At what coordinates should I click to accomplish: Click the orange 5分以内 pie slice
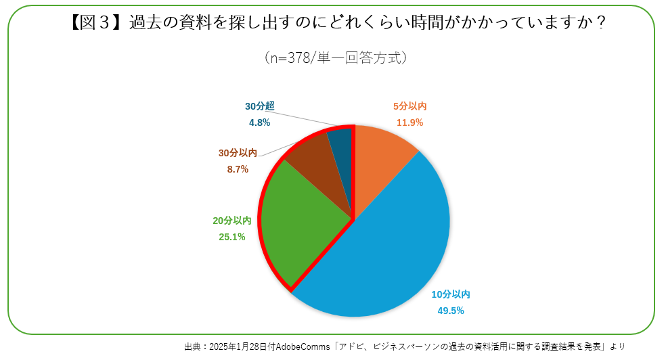pos(382,159)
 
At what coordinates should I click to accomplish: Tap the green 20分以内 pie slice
pos(298,217)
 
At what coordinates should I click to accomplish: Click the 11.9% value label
pos(409,122)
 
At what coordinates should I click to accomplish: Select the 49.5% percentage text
pos(451,311)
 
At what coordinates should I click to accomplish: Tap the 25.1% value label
pos(232,237)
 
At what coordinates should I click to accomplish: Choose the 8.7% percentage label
pos(238,169)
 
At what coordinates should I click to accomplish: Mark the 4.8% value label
pos(259,122)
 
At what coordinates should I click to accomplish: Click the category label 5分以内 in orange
pos(409,106)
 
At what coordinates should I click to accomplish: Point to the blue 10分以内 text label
pos(451,294)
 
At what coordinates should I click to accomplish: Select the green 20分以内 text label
pos(232,221)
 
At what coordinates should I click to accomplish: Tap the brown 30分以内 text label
pos(238,153)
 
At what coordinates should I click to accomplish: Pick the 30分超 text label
pos(259,106)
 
